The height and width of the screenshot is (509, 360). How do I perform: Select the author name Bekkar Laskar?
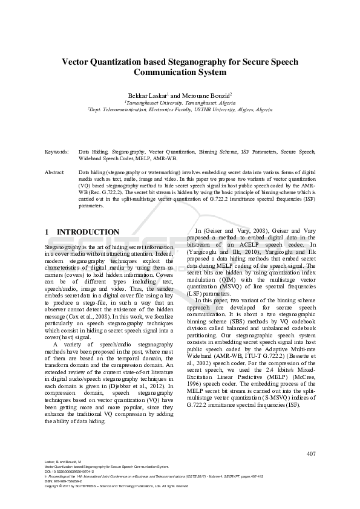click(145, 96)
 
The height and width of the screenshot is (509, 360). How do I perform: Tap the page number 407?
click(312, 453)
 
